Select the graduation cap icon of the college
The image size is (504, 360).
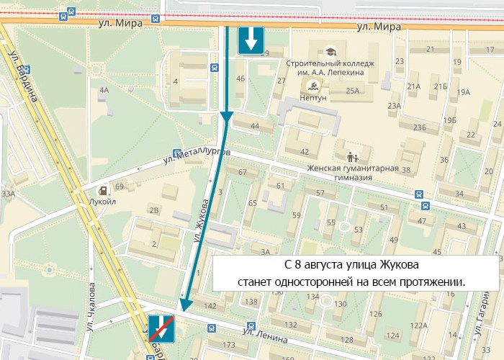tap(330, 52)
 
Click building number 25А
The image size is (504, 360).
tap(352, 91)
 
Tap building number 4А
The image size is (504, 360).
tap(104, 90)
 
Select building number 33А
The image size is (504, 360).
tap(8, 194)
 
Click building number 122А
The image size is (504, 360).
tap(418, 325)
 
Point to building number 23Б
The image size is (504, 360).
tap(420, 127)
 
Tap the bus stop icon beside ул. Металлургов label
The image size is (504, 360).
tap(177, 153)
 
